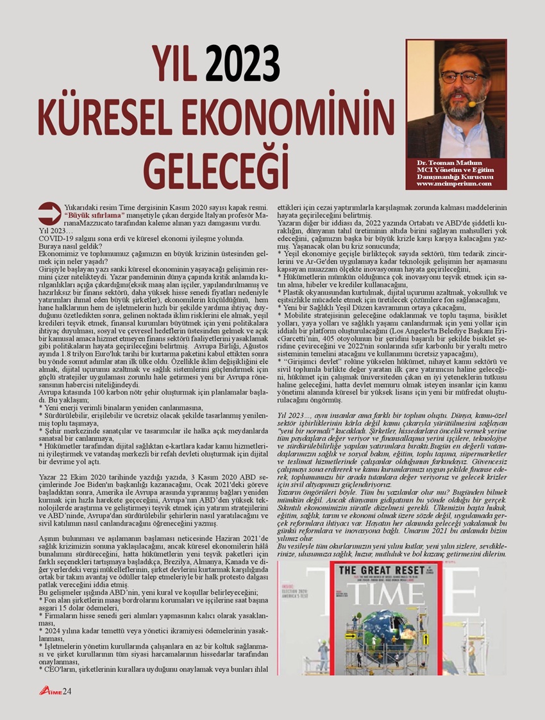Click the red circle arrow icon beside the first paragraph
pos(49,213)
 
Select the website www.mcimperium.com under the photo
pos(456,184)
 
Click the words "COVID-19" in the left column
pos(54,237)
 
